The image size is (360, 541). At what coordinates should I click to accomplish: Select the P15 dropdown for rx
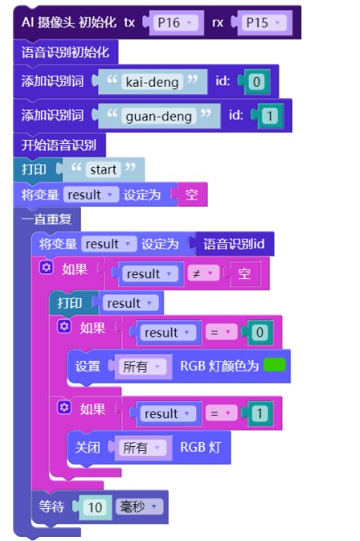pyautogui.click(x=264, y=23)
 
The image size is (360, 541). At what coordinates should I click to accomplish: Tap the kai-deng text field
pyautogui.click(x=152, y=82)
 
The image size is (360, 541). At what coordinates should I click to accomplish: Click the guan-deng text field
pyautogui.click(x=159, y=116)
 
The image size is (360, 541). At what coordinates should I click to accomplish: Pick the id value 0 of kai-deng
pyautogui.click(x=257, y=82)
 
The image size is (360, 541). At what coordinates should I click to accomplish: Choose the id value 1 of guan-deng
pyautogui.click(x=270, y=116)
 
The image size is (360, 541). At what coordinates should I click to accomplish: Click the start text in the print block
pyautogui.click(x=103, y=169)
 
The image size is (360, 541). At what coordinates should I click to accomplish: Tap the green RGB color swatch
pyautogui.click(x=274, y=365)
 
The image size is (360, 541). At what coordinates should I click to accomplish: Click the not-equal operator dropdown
pyautogui.click(x=204, y=274)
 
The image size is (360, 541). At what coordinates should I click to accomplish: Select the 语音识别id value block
pyautogui.click(x=234, y=244)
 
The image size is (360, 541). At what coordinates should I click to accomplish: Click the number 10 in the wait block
pyautogui.click(x=95, y=507)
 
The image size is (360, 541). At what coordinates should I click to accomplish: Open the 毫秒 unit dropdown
pyautogui.click(x=138, y=507)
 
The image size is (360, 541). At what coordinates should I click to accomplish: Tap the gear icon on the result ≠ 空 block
pyautogui.click(x=46, y=268)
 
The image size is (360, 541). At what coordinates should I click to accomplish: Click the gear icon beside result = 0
pyautogui.click(x=64, y=326)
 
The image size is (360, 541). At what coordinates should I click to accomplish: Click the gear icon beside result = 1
pyautogui.click(x=64, y=408)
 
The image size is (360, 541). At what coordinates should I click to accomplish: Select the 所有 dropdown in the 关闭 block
pyautogui.click(x=141, y=448)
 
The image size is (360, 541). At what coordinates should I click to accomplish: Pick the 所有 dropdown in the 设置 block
pyautogui.click(x=141, y=367)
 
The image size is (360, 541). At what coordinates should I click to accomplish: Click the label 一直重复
pyautogui.click(x=47, y=219)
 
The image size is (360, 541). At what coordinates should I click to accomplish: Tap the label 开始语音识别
pyautogui.click(x=59, y=145)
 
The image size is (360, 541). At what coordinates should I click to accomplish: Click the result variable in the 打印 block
pyautogui.click(x=129, y=304)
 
